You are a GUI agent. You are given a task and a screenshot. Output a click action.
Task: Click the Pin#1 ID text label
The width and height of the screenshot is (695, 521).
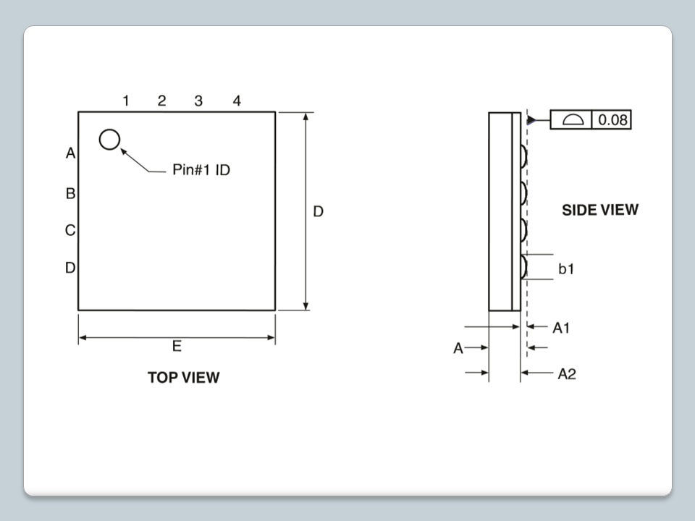201,169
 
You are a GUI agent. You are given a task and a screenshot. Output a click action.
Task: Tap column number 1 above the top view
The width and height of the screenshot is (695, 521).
126,101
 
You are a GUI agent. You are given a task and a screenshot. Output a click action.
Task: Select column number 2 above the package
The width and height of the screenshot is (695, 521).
161,101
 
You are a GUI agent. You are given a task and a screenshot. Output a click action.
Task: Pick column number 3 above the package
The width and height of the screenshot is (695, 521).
198,101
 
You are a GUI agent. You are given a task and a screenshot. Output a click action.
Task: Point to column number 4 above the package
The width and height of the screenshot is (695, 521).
237,101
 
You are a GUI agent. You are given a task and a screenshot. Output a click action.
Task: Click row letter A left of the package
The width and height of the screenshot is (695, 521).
70,153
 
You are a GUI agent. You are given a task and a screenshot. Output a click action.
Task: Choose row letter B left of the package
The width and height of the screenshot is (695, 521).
70,194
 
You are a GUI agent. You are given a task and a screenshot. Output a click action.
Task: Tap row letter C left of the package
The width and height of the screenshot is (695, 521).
70,230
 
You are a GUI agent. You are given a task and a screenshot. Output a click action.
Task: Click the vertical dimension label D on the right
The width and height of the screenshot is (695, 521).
319,212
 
